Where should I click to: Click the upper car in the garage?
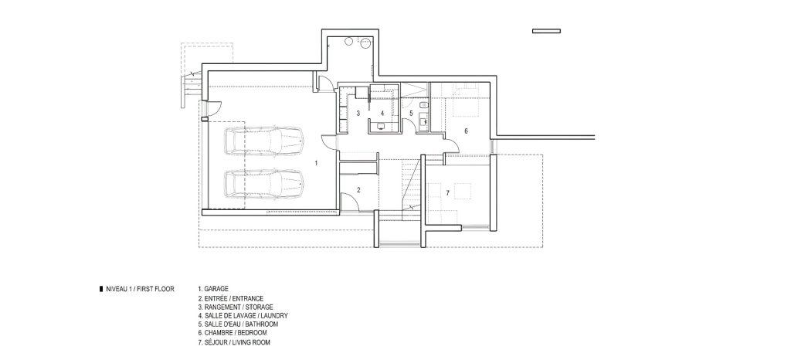[x=263, y=141]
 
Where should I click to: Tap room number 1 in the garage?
[x=316, y=163]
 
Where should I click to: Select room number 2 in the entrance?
[x=358, y=190]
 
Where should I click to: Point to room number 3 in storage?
[x=358, y=114]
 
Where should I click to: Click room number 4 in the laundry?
[x=382, y=114]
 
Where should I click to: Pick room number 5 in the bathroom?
[x=411, y=114]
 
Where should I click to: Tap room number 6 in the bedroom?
[x=466, y=131]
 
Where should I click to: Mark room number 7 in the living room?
[x=447, y=193]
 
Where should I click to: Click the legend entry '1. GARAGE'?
[x=213, y=289]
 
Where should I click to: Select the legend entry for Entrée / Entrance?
[x=231, y=298]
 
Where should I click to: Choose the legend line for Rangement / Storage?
[x=236, y=307]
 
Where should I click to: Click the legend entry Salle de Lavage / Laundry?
[x=243, y=316]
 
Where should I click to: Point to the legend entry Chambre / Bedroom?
[x=233, y=333]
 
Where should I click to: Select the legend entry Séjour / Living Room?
[x=234, y=342]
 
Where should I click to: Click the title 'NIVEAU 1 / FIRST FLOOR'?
[x=141, y=290]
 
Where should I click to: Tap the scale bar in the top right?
[x=546, y=31]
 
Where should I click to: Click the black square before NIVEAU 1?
[x=101, y=290]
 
